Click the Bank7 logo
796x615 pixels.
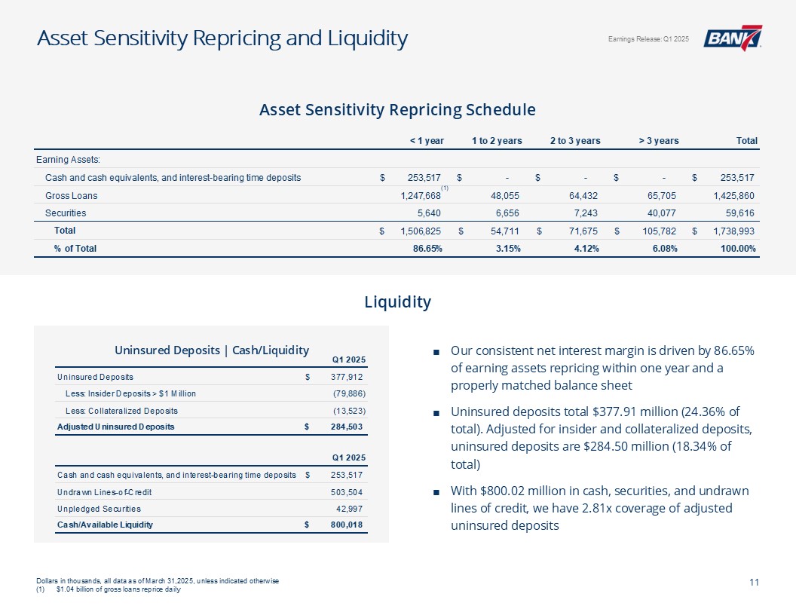point(732,38)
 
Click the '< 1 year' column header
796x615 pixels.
point(426,140)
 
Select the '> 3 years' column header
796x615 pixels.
point(658,140)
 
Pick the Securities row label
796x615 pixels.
point(66,213)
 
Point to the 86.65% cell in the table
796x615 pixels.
point(427,248)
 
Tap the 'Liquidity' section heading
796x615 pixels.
point(397,302)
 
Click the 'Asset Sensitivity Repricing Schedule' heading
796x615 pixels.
point(397,110)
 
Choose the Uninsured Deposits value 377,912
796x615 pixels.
point(349,376)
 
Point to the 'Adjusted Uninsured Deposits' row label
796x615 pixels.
point(115,427)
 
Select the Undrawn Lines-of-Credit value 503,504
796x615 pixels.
point(349,491)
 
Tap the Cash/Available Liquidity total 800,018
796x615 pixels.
point(349,525)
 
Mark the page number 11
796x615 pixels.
point(754,581)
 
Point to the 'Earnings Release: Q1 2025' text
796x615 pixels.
point(648,39)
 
